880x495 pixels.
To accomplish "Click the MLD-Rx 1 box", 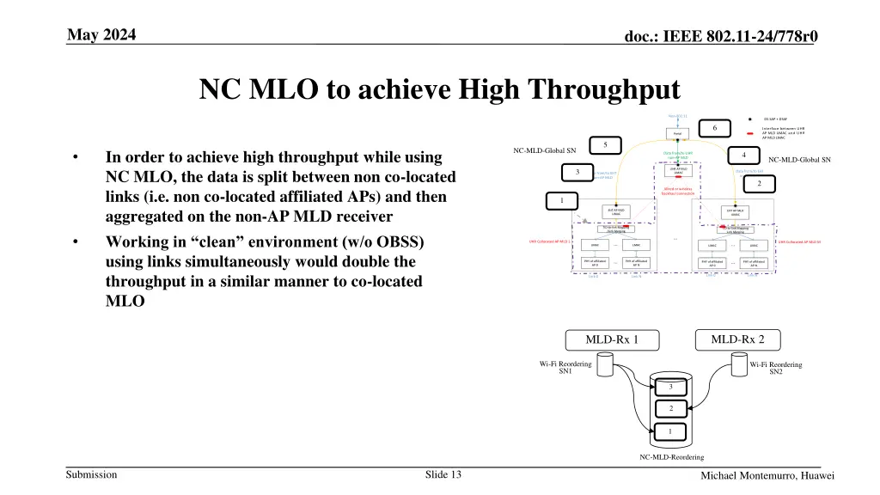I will click(611, 339).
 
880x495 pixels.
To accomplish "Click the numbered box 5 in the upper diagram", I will click(605, 144).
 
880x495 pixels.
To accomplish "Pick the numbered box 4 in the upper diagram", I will click(742, 156).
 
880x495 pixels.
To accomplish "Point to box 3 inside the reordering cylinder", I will click(670, 387).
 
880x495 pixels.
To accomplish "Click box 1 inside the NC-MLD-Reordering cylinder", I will click(670, 431).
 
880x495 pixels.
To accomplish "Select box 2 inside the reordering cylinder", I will click(670, 408).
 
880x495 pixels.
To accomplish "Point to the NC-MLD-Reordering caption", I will click(671, 457).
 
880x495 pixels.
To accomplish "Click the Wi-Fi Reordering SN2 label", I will click(775, 368).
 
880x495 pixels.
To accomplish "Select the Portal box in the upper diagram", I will click(677, 134).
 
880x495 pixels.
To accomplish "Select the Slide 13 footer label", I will click(443, 475).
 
